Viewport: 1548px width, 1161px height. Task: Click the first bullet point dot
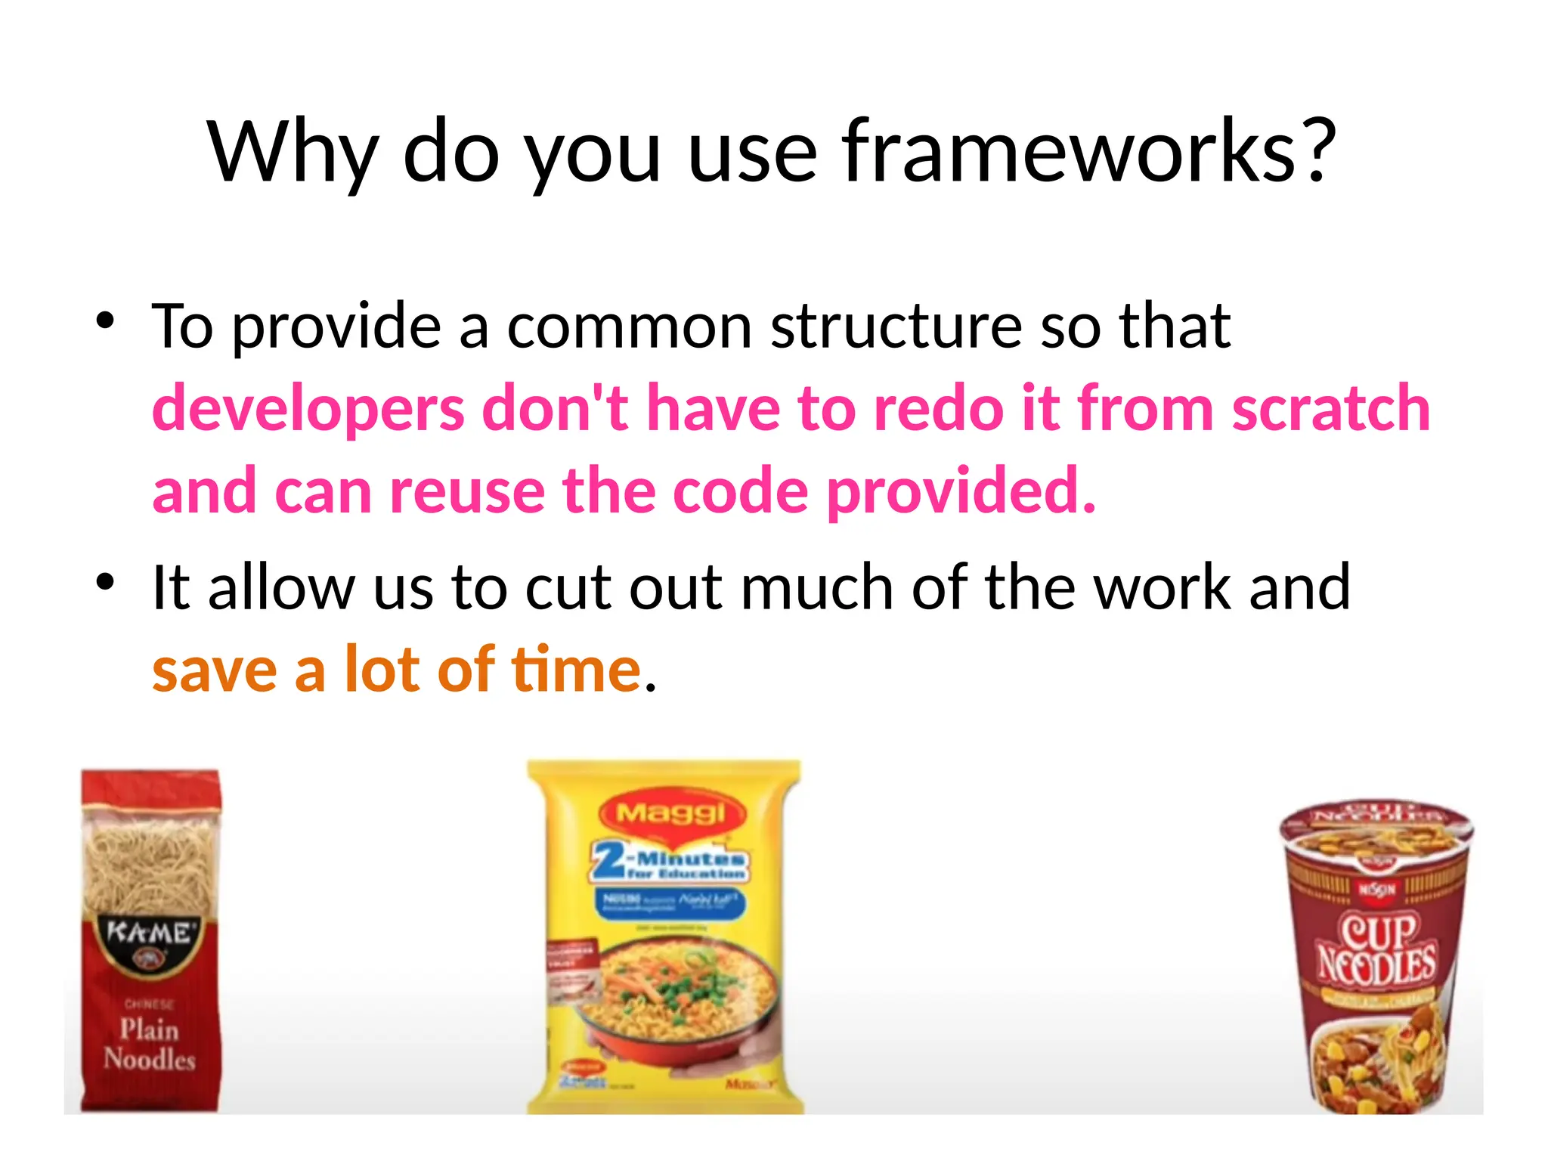pos(105,321)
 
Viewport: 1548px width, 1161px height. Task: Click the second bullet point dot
pos(105,582)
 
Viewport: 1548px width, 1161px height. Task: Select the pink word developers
pos(308,410)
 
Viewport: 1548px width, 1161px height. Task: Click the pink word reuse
pos(467,491)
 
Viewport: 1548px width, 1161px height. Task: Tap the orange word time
pos(576,670)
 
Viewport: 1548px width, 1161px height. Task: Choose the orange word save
pos(215,671)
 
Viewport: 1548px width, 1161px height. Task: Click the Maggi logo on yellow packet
pos(671,814)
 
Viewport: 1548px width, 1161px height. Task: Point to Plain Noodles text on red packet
pos(150,1044)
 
